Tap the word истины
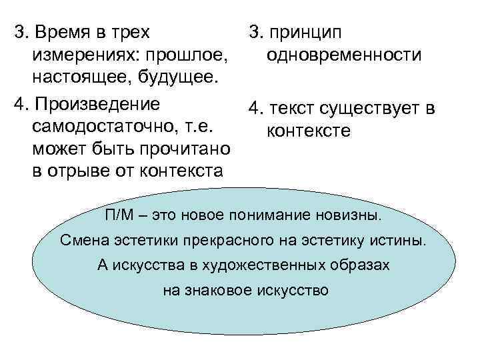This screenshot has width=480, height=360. (x=402, y=240)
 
